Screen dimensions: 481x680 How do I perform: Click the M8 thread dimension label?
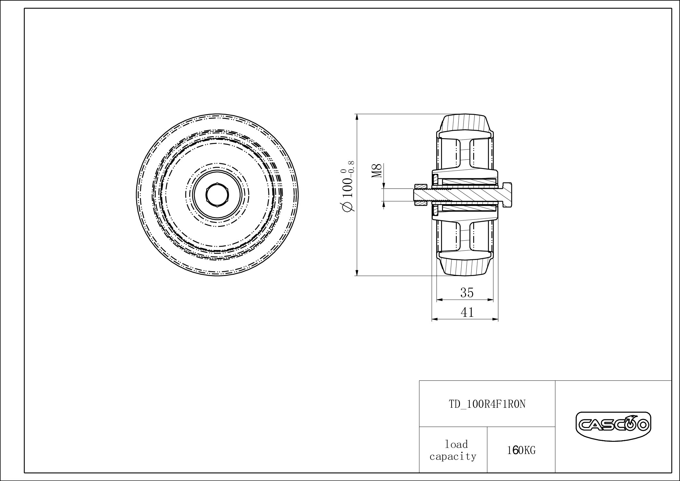378,171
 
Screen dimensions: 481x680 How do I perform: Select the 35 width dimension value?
467,293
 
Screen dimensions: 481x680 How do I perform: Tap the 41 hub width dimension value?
467,312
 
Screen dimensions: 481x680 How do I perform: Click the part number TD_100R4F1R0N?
487,404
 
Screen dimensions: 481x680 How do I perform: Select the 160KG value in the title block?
521,451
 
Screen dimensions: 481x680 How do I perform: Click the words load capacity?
453,450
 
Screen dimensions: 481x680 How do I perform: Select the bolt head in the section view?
506,195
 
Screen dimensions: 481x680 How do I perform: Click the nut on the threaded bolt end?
420,195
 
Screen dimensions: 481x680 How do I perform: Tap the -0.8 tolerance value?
351,167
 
